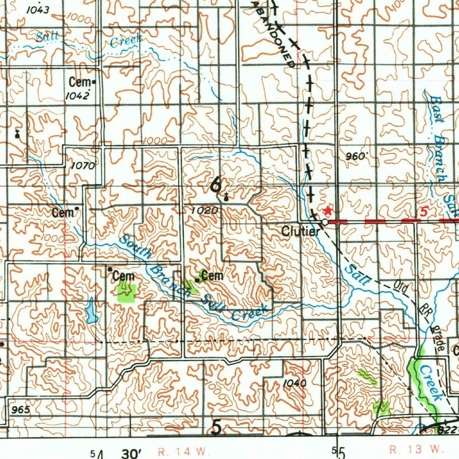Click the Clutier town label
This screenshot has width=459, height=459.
[300, 231]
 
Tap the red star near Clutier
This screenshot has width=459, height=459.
[328, 210]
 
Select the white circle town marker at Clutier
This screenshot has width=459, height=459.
[324, 222]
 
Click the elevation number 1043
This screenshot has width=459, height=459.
[38, 10]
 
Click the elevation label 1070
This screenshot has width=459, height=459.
[83, 166]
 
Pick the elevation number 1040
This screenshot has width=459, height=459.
[294, 383]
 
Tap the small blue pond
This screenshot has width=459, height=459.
[91, 310]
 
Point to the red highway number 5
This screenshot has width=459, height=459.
[424, 212]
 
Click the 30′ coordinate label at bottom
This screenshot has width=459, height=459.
[131, 454]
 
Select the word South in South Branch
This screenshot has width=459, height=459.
[136, 247]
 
